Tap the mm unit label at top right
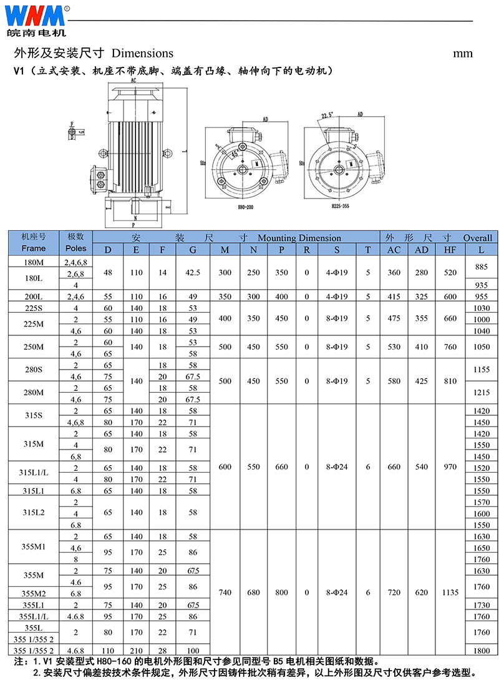(x=463, y=53)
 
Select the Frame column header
(x=34, y=249)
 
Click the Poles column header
(x=76, y=249)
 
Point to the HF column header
(x=450, y=249)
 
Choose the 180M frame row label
(x=34, y=262)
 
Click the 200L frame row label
(x=34, y=297)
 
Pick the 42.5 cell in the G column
(x=193, y=273)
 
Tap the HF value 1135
(x=450, y=592)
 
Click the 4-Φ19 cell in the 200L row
(x=337, y=297)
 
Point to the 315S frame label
(x=34, y=416)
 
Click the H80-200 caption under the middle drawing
(x=247, y=207)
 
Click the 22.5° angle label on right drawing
(x=327, y=116)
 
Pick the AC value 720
(x=394, y=592)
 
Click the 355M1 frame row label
(x=34, y=546)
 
